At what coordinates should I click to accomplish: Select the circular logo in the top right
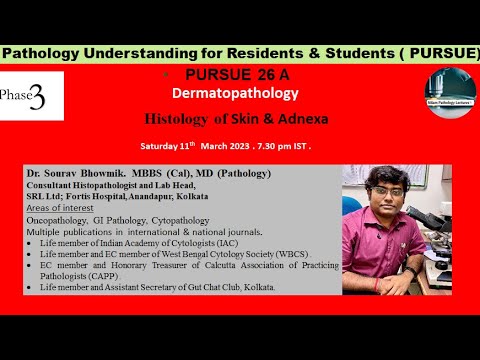(449, 97)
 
